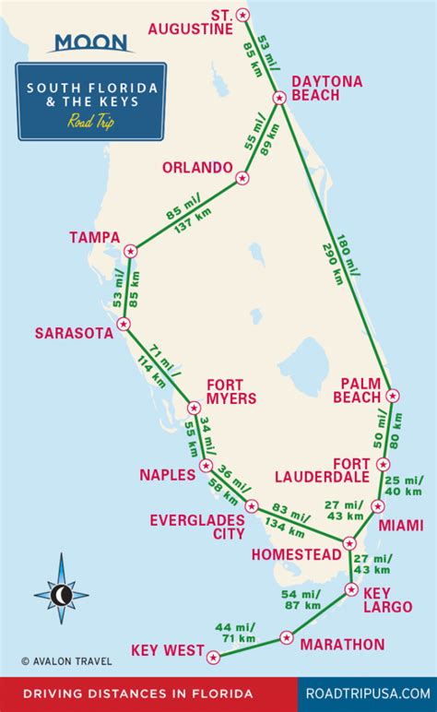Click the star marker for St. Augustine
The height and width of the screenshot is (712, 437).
[242, 14]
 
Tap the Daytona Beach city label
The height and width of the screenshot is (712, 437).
[326, 89]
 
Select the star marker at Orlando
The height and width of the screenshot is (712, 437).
[242, 178]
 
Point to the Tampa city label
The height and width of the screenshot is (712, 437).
[95, 238]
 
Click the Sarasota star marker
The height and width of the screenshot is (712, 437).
[123, 324]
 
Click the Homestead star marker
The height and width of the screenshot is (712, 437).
[349, 544]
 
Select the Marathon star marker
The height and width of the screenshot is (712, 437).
[287, 637]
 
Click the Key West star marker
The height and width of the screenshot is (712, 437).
[214, 658]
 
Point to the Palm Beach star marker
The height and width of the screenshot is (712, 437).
[394, 396]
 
